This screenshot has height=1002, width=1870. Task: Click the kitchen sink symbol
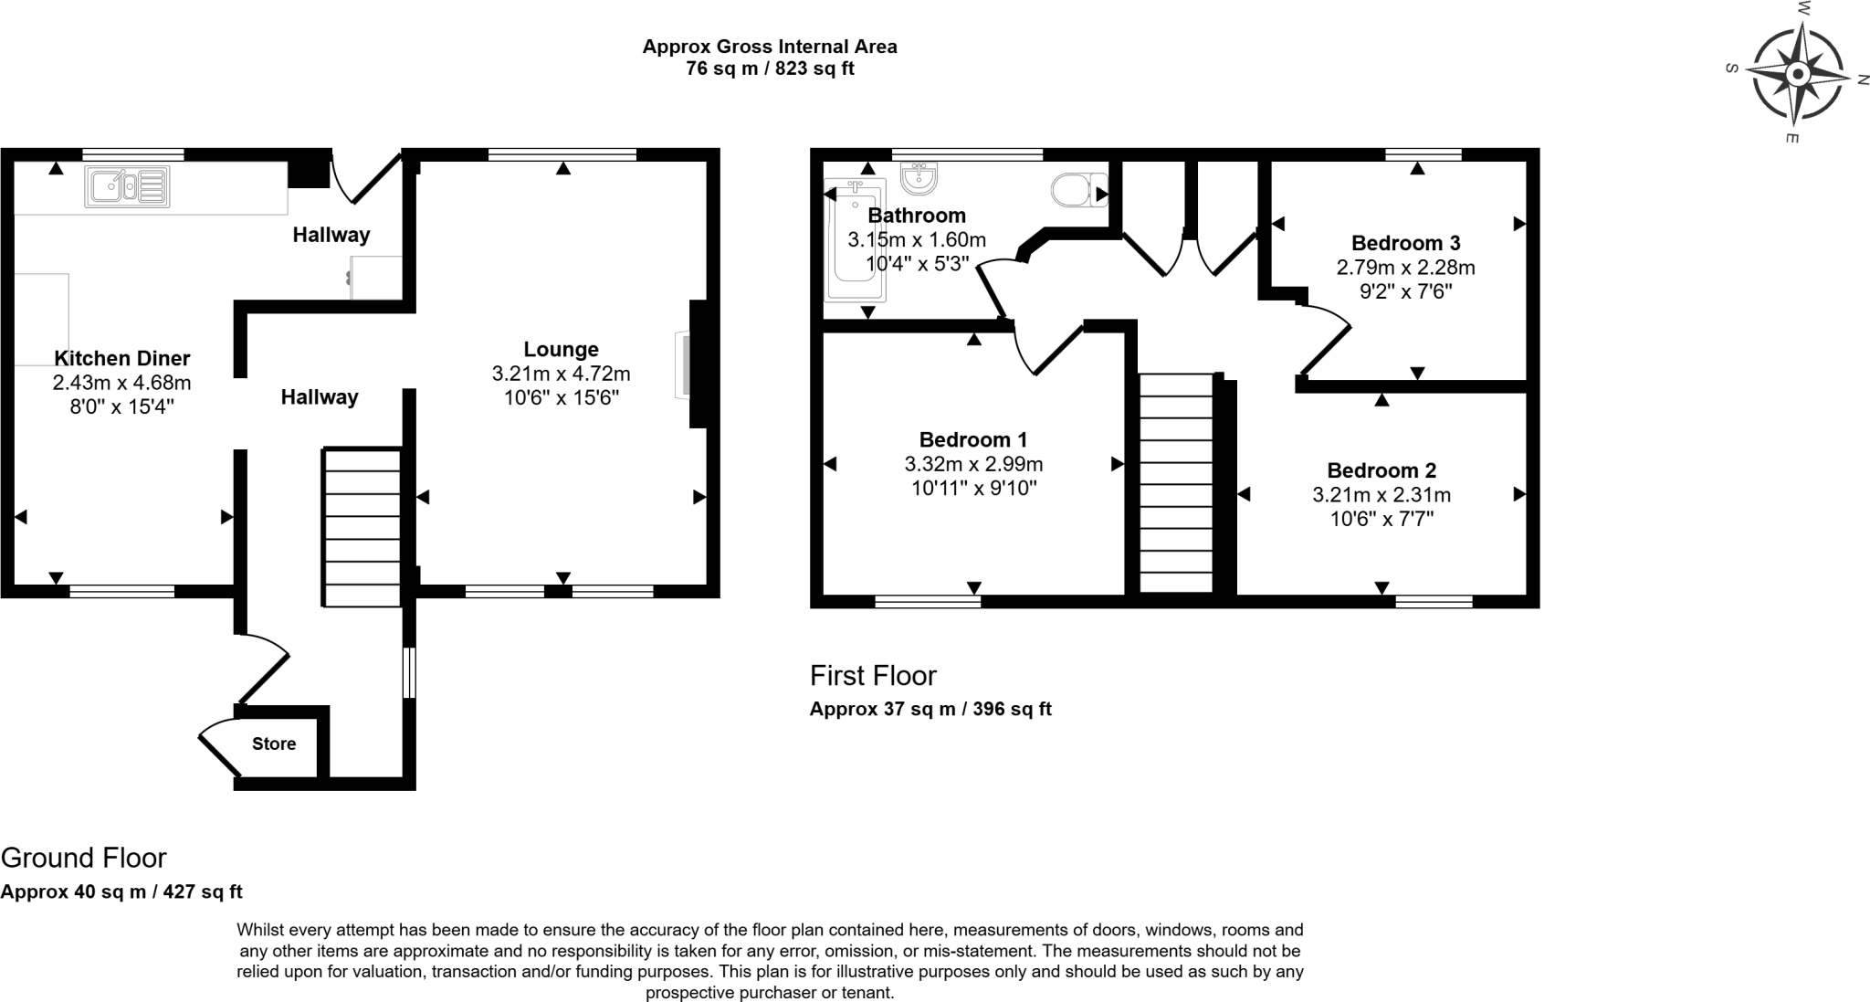(x=127, y=186)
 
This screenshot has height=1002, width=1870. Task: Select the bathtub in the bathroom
(x=855, y=241)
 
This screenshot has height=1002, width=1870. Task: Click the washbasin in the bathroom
(x=919, y=178)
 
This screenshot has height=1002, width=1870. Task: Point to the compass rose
(x=1796, y=74)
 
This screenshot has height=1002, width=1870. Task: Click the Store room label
(x=274, y=744)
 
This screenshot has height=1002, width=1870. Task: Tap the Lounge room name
(x=561, y=349)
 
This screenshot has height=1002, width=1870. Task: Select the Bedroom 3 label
(x=1405, y=243)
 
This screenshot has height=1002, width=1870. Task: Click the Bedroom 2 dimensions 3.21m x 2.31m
(x=1381, y=495)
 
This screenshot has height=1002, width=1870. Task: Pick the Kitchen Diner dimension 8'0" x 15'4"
(x=121, y=406)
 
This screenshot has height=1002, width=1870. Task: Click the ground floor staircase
(x=362, y=527)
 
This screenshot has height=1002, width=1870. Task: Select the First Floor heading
(x=872, y=676)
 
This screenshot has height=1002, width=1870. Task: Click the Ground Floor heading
(x=83, y=858)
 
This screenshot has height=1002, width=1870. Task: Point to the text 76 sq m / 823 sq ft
(x=769, y=69)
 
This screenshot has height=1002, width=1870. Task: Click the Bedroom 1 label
(x=972, y=439)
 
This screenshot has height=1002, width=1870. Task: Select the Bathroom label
(x=916, y=216)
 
